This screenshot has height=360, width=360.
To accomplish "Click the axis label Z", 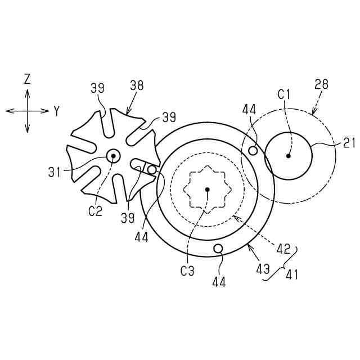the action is tap(27, 79).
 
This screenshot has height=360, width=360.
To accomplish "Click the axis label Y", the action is tap(56, 111).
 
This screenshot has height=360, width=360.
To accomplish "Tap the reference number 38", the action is tap(137, 85).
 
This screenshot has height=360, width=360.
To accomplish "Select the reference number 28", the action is tap(321, 84).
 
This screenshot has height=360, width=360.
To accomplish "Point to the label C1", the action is tap(283, 94).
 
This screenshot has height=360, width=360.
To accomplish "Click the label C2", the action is tap(95, 211).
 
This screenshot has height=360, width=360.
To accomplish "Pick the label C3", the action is tap(187, 271).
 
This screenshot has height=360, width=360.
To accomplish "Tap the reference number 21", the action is tap(349, 143).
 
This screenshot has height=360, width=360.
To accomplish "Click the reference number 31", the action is tap(55, 172).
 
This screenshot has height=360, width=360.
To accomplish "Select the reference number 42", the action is tap(283, 249).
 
